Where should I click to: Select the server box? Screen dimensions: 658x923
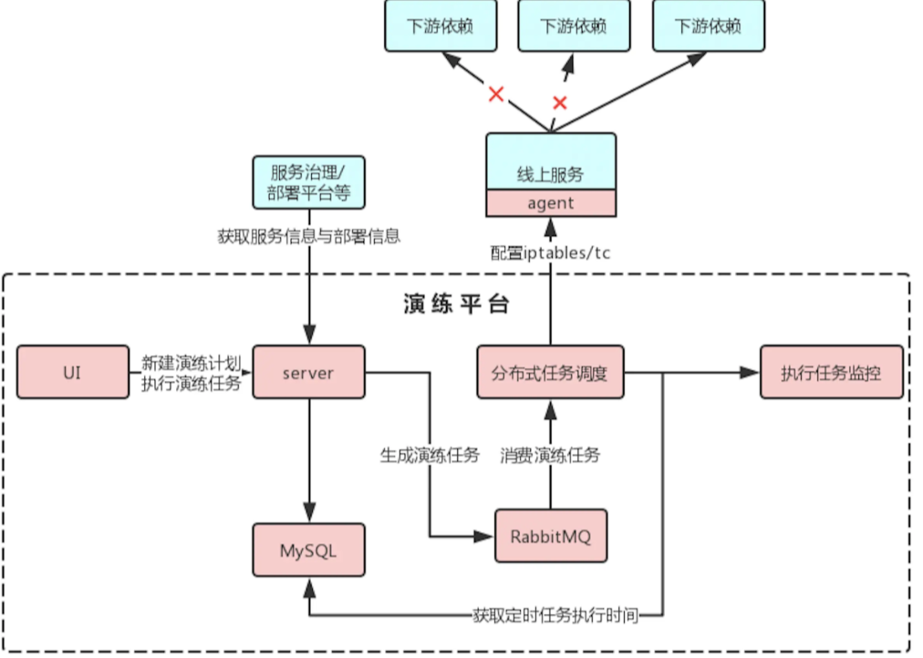click(x=308, y=372)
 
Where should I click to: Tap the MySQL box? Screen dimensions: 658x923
click(x=308, y=550)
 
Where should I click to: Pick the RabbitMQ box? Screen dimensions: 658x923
click(x=550, y=536)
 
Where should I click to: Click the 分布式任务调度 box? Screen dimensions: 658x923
click(x=550, y=372)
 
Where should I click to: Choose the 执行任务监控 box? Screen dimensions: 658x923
click(x=831, y=372)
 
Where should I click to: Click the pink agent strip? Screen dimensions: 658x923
click(x=550, y=203)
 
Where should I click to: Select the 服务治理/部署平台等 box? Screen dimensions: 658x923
click(x=308, y=181)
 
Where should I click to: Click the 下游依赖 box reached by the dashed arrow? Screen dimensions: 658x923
click(x=574, y=26)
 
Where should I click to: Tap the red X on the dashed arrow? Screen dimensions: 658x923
click(x=560, y=102)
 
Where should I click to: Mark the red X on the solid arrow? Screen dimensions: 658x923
click(x=495, y=93)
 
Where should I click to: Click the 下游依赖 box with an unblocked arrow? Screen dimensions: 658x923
click(x=708, y=26)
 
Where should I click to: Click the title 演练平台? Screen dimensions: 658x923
click(x=455, y=304)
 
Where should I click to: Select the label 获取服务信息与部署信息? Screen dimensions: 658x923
click(x=308, y=236)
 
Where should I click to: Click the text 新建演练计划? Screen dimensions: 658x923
click(x=192, y=362)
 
